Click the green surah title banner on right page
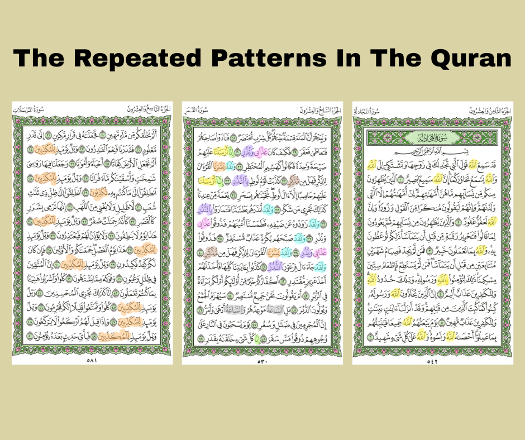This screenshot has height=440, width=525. click(432, 137)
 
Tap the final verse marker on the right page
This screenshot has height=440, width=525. click(370, 337)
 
